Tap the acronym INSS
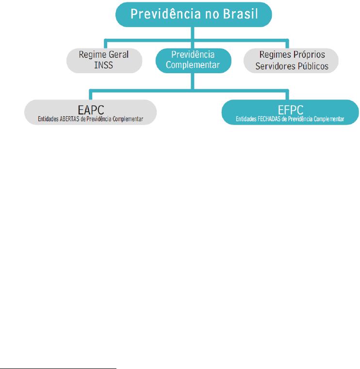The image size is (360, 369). [104, 64]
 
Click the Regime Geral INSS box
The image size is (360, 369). [104, 60]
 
